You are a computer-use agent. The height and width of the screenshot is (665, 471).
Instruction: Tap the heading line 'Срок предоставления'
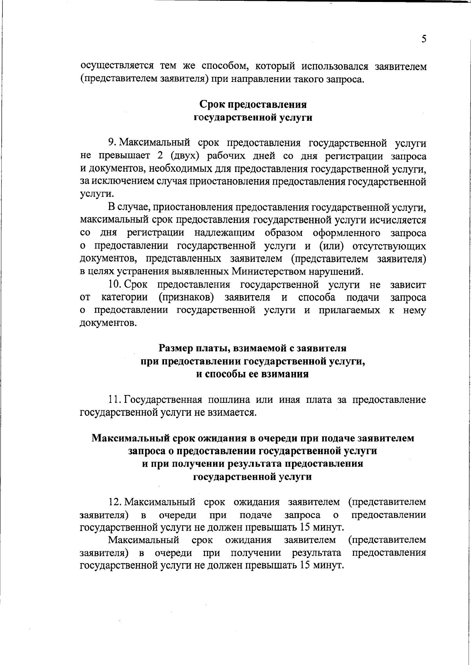[253, 105]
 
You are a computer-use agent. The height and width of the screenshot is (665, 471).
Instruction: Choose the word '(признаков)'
[186, 297]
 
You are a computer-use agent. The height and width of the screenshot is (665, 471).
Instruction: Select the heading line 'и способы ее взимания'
[252, 374]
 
